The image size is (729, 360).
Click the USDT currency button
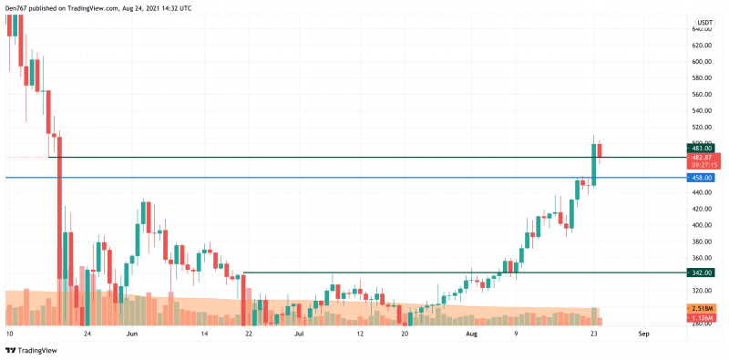tap(704, 23)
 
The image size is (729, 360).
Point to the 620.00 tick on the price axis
tap(702, 45)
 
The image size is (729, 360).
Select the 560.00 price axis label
tap(702, 94)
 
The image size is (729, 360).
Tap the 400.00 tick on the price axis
tap(702, 225)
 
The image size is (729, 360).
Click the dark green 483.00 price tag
tap(702, 148)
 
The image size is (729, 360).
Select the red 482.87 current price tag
tap(702, 158)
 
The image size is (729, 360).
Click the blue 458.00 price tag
tap(702, 178)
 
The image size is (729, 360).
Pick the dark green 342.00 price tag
tap(702, 273)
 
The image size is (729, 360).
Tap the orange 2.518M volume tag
tap(702, 309)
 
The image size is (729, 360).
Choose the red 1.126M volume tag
tap(702, 317)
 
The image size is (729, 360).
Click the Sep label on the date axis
tap(644, 334)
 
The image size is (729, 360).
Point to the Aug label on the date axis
tap(471, 334)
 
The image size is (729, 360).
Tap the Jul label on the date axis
tap(299, 334)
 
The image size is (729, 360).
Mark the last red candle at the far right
tap(601, 149)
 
